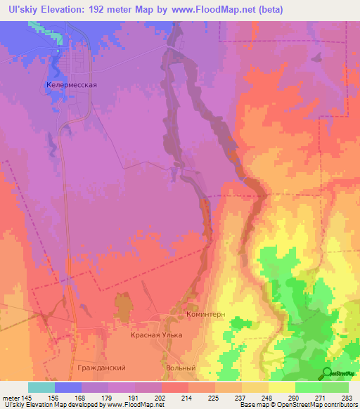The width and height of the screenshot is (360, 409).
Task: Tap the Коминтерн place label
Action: [206, 315]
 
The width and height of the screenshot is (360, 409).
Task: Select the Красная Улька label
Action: [156, 335]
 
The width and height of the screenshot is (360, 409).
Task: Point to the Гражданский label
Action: [103, 368]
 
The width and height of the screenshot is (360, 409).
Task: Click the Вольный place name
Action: [180, 368]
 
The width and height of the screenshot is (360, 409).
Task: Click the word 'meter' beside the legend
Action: [10, 398]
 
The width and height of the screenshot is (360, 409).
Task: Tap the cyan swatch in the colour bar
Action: [41, 387]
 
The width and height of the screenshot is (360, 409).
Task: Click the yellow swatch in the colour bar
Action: [281, 387]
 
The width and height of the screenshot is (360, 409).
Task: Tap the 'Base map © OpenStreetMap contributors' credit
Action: [298, 405]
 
